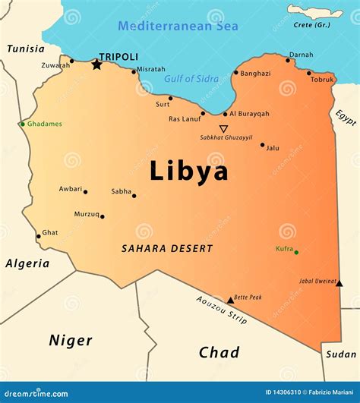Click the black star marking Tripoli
click(x=96, y=65)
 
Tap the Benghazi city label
click(x=255, y=74)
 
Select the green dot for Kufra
click(x=296, y=252)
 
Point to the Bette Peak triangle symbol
click(x=230, y=301)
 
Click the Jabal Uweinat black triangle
click(x=339, y=283)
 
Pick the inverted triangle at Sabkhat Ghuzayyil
click(x=223, y=129)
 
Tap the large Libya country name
click(x=188, y=171)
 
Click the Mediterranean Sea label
click(x=178, y=27)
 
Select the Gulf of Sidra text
click(x=191, y=79)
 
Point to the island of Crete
click(x=314, y=11)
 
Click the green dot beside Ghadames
click(x=23, y=124)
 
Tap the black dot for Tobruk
click(x=309, y=73)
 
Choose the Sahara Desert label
click(x=167, y=248)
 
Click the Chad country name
click(x=219, y=352)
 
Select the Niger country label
click(x=71, y=340)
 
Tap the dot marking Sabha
click(x=134, y=196)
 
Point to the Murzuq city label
click(x=86, y=214)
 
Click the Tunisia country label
click(x=26, y=49)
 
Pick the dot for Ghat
click(x=38, y=236)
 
